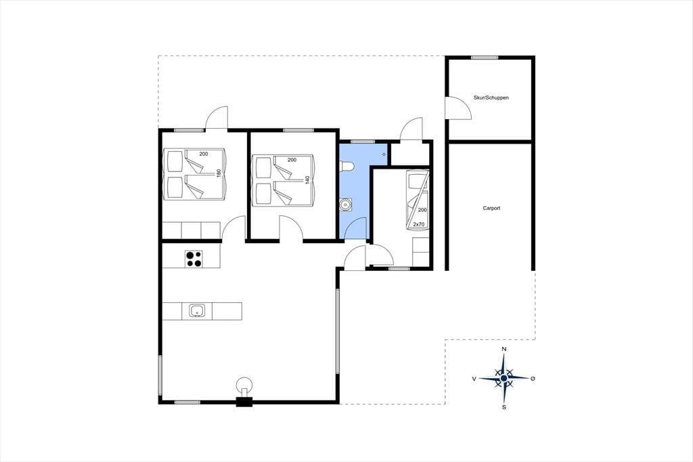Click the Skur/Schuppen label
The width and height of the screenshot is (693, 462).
click(491, 98)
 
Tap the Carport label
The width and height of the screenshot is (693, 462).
click(491, 208)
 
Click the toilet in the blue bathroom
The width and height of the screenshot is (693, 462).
click(347, 166)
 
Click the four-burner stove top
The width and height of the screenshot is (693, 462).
click(194, 259)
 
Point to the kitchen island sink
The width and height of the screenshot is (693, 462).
click(197, 311)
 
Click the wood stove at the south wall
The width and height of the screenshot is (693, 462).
click(244, 392)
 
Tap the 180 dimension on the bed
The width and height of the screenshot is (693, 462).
click(219, 173)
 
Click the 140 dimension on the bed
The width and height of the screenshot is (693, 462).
click(307, 180)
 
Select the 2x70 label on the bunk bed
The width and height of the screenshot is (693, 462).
click(418, 224)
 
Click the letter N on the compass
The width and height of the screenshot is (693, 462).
click(504, 349)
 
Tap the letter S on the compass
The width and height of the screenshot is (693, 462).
click(504, 407)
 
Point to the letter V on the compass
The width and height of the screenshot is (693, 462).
click(474, 379)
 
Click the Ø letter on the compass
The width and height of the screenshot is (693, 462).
click(533, 379)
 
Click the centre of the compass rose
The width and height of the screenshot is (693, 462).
click(504, 379)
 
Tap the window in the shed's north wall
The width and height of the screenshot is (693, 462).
click(485, 58)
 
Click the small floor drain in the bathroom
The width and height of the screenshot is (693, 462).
click(384, 154)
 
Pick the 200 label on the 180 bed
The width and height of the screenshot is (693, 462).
click(203, 154)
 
